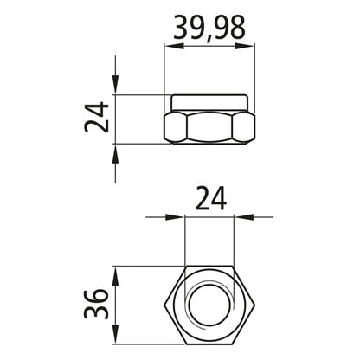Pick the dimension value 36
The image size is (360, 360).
click(x=98, y=305)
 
